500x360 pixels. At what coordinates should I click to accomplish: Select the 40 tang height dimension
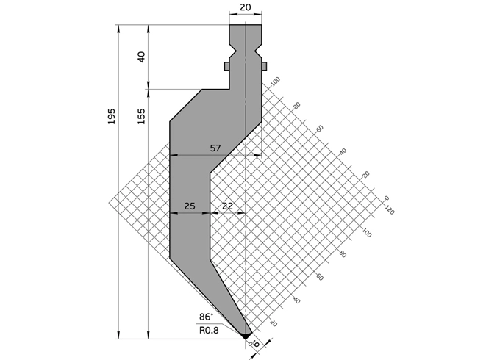click(x=141, y=57)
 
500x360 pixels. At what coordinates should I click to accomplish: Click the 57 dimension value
click(x=215, y=148)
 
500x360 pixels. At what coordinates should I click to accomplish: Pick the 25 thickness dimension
click(x=190, y=206)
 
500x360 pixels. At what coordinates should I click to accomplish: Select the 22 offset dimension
click(x=227, y=206)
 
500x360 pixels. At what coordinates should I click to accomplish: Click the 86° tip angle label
click(x=207, y=317)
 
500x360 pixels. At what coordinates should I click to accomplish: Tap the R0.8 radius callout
click(x=209, y=330)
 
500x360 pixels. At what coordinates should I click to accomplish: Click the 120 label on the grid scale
click(x=390, y=210)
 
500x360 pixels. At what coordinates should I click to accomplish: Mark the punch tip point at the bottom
click(x=246, y=337)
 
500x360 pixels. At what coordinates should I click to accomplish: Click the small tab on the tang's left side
click(x=227, y=66)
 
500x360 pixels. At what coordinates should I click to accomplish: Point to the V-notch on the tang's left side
click(x=232, y=51)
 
